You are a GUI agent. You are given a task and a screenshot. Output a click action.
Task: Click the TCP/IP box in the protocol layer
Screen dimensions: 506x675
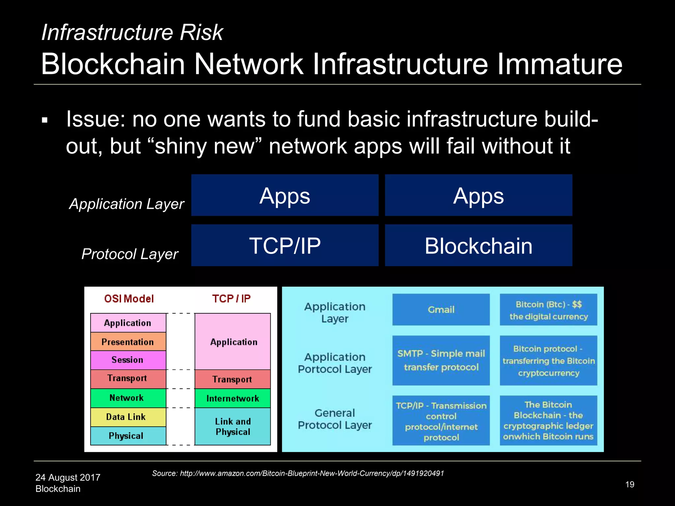[x=285, y=245]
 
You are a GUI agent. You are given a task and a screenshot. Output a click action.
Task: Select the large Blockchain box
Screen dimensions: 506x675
[x=478, y=245]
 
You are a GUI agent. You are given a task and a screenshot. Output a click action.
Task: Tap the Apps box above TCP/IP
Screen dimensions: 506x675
[x=285, y=195]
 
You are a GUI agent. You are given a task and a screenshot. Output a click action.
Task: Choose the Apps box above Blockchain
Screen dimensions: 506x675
[x=478, y=195]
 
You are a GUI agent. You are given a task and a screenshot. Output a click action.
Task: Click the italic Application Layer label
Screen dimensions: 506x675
[x=127, y=204]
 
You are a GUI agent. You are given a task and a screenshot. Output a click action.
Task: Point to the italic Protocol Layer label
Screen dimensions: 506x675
[x=130, y=254]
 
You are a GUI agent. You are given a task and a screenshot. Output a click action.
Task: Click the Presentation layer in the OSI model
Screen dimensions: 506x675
[x=128, y=342]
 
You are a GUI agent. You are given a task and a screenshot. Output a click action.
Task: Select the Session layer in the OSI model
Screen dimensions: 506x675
[x=128, y=360]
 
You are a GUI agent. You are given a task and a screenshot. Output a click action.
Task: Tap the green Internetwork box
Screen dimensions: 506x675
[x=233, y=398]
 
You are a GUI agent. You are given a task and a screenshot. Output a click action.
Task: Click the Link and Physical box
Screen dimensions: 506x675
[x=233, y=426]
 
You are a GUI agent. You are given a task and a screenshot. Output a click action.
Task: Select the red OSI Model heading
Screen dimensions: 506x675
[x=129, y=299]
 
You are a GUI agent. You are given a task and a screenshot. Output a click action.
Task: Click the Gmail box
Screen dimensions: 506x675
[x=441, y=310]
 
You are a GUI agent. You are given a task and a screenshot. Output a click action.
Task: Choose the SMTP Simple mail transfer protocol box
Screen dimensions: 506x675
[x=441, y=360]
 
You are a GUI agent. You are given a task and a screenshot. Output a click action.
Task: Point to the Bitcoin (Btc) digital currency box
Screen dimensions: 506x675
[x=548, y=310]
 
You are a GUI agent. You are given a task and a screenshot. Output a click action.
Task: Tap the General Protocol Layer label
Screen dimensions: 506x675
[x=335, y=419]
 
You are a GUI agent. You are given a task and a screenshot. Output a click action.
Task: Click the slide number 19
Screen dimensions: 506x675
[x=630, y=485]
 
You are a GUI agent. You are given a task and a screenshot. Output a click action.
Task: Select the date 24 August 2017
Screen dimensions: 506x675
[x=68, y=477]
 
